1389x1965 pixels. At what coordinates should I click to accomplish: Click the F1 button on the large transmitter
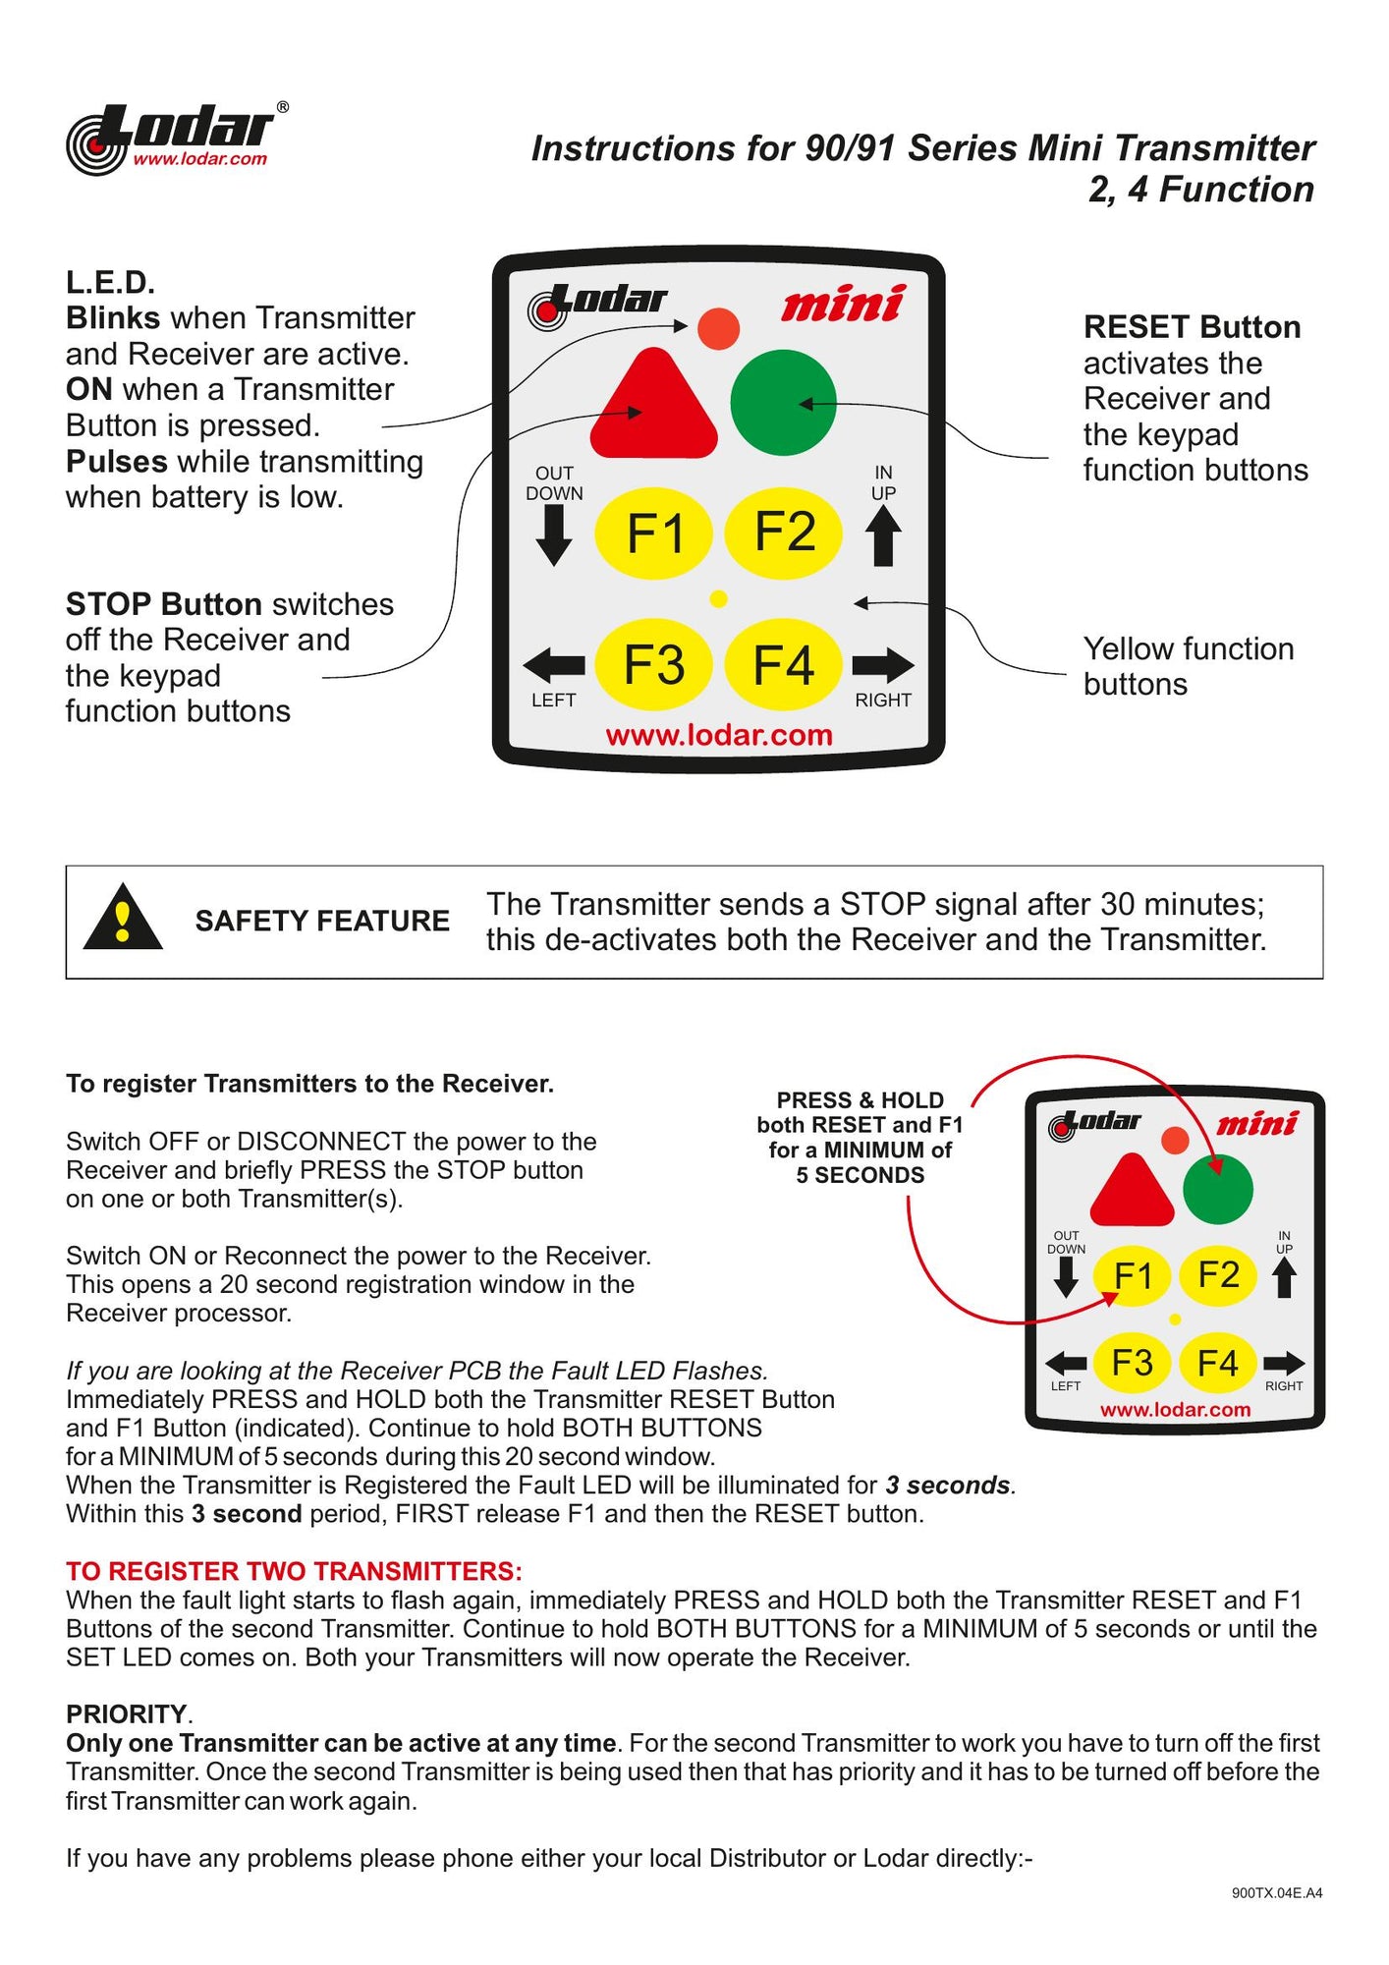click(x=653, y=533)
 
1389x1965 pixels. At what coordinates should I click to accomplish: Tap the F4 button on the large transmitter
click(x=783, y=665)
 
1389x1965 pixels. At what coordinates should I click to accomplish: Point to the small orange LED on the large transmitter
click(x=718, y=329)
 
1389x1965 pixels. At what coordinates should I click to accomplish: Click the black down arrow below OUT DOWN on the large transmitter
click(x=554, y=536)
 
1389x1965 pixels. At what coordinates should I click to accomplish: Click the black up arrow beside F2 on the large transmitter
click(x=883, y=536)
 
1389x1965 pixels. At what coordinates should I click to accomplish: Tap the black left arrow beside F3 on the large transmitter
click(x=554, y=665)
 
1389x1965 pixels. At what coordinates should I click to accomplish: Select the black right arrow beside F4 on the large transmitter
click(x=883, y=665)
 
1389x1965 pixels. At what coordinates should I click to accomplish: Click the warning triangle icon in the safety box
click(x=123, y=919)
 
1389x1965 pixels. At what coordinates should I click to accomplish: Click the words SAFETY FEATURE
click(x=322, y=921)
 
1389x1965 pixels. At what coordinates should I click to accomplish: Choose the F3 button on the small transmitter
click(x=1132, y=1363)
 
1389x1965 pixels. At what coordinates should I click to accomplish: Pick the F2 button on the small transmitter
click(x=1218, y=1274)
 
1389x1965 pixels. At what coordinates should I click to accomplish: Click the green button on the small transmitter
click(x=1218, y=1189)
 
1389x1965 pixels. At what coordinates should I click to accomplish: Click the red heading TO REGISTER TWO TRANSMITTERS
click(x=294, y=1571)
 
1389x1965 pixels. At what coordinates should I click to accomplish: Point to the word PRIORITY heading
click(x=127, y=1714)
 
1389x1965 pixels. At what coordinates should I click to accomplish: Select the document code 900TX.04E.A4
click(x=1276, y=1892)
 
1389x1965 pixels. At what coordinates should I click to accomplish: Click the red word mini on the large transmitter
click(x=842, y=304)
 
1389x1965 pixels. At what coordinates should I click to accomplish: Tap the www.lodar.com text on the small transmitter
click(x=1175, y=1410)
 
